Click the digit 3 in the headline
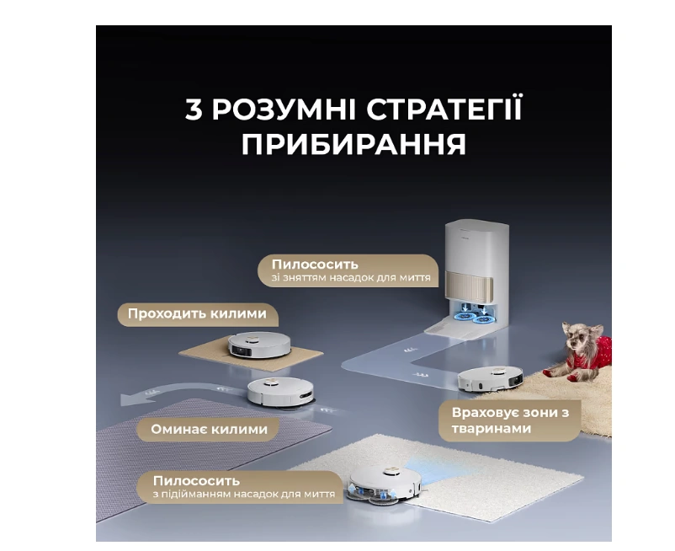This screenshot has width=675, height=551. (194, 110)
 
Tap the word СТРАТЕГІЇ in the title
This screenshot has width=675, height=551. (444, 110)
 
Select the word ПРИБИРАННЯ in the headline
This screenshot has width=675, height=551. (353, 144)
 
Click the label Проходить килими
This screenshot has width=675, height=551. (197, 313)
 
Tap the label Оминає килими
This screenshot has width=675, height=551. (210, 429)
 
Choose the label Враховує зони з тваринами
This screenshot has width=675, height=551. (510, 420)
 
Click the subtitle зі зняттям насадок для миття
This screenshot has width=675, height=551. (351, 277)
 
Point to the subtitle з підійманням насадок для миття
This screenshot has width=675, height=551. (243, 494)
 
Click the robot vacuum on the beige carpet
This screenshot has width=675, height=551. (259, 345)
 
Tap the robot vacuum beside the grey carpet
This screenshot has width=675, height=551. (280, 392)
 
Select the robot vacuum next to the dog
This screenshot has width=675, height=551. (491, 378)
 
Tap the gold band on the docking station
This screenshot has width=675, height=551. (470, 286)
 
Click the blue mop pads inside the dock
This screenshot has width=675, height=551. (474, 318)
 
